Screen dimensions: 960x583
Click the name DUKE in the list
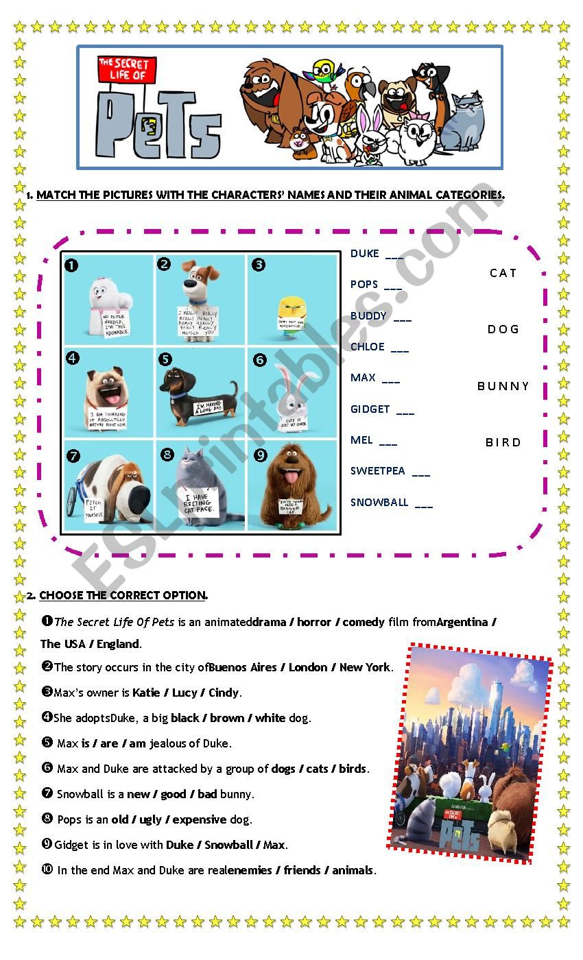(x=364, y=254)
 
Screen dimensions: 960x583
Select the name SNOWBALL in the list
(x=379, y=503)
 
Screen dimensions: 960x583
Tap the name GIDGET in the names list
(x=370, y=409)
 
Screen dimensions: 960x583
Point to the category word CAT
(x=503, y=273)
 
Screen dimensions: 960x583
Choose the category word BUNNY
(x=503, y=386)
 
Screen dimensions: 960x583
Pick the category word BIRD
(x=503, y=442)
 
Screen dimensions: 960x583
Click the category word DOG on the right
(x=503, y=329)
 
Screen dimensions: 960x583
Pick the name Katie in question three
(x=145, y=693)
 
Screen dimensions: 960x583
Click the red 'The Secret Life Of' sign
(x=127, y=69)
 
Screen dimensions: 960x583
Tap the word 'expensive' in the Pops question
(x=199, y=819)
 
